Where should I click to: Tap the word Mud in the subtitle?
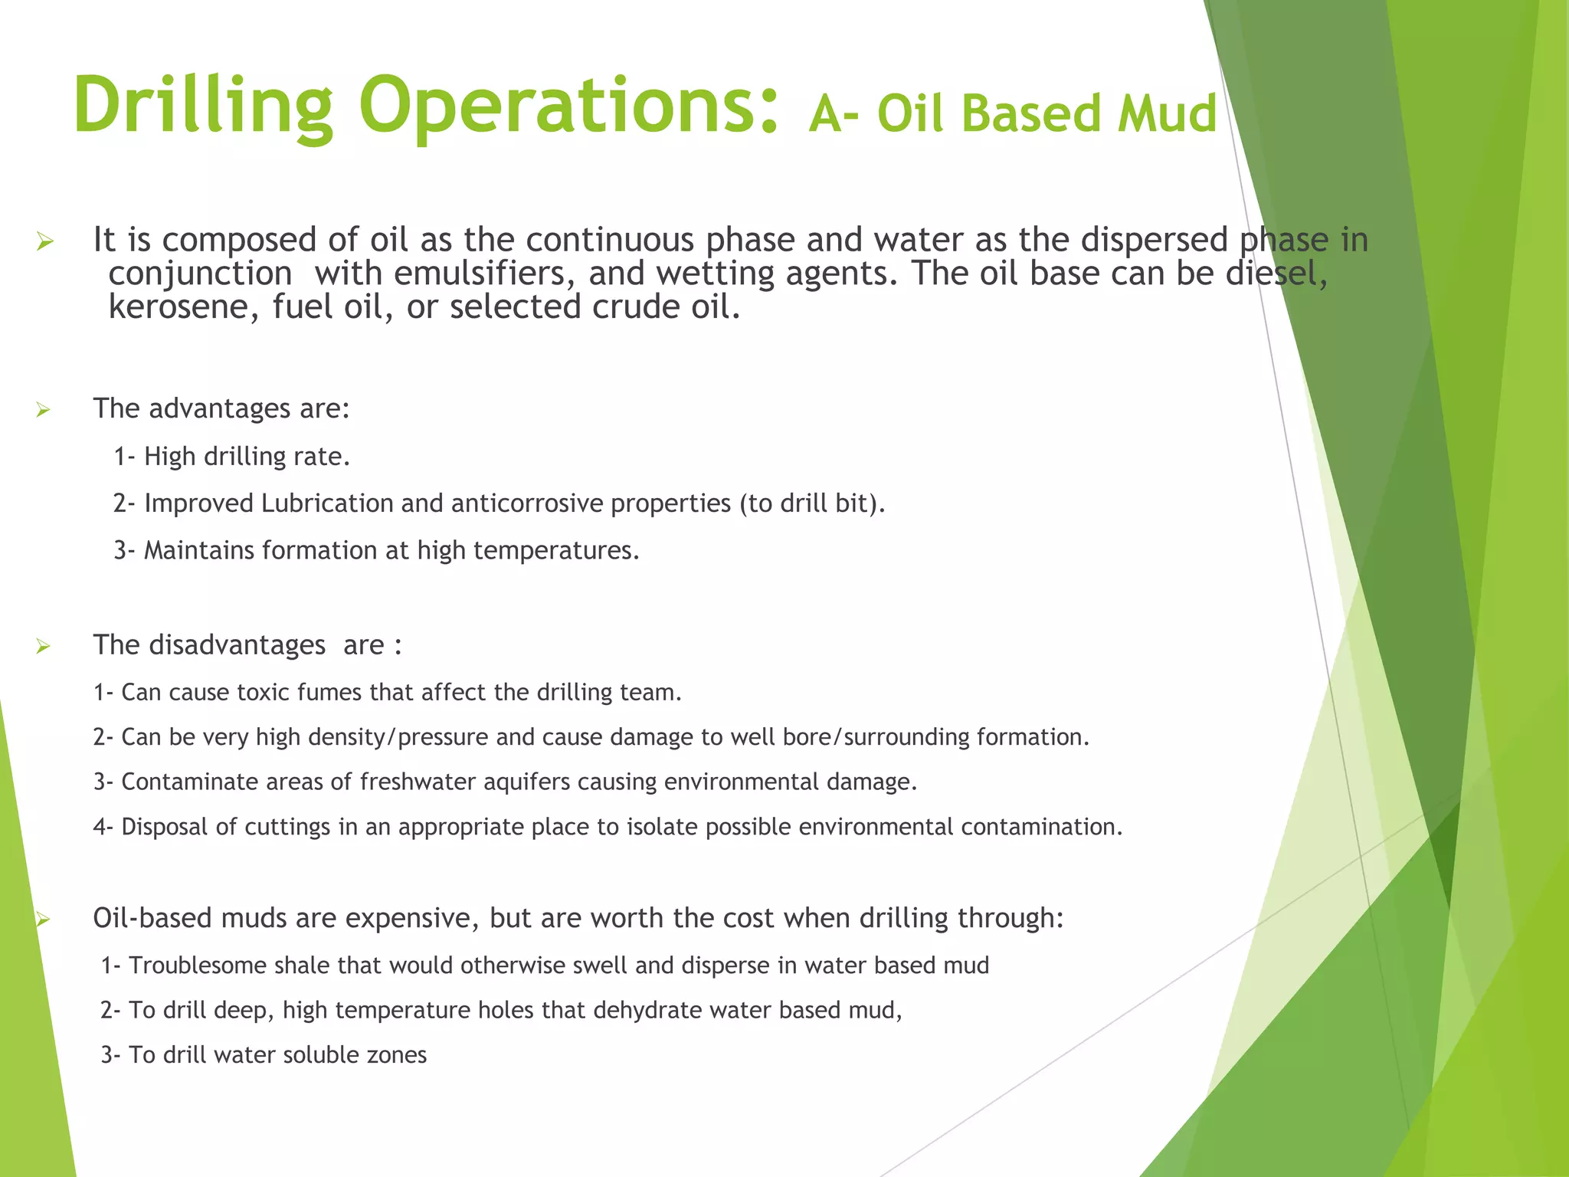[x=1166, y=113]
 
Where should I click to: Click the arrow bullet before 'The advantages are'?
[x=44, y=410]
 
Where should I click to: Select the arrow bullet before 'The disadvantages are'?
[x=44, y=647]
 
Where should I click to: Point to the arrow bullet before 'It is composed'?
[x=45, y=243]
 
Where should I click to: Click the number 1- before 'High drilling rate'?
[x=124, y=457]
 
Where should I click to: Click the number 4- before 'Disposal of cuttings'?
[x=103, y=827]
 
